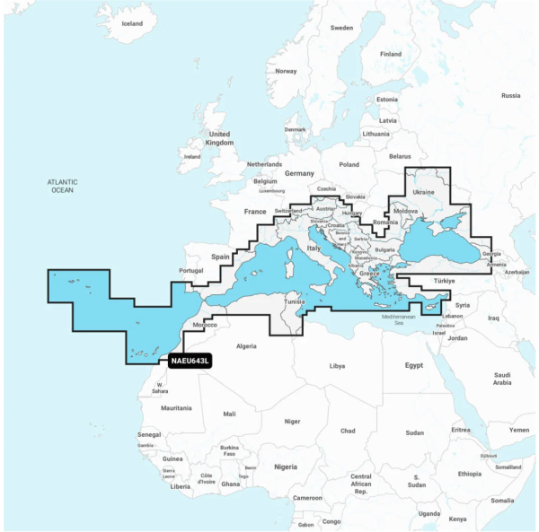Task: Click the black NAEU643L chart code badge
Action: [189, 362]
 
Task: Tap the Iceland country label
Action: [131, 23]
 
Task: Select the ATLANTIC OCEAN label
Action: [62, 186]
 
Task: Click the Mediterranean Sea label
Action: [400, 319]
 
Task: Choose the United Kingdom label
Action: [219, 137]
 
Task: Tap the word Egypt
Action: [413, 365]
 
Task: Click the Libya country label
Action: [337, 366]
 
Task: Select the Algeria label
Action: [245, 345]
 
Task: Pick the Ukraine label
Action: [422, 193]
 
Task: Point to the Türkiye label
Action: [445, 280]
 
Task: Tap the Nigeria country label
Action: [285, 467]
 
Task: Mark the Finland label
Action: [391, 54]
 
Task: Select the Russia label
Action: [510, 95]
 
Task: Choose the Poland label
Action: [348, 164]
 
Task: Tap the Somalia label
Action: [503, 500]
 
